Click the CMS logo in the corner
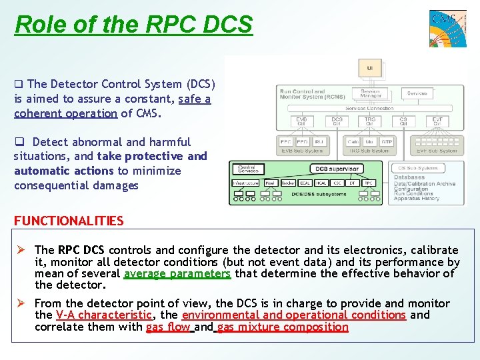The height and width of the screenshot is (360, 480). point(447,28)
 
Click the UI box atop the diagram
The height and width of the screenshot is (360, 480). point(369,67)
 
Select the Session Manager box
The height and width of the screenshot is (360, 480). point(370,94)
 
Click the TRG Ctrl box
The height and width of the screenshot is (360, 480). point(370,121)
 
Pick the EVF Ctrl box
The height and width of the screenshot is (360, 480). point(437,121)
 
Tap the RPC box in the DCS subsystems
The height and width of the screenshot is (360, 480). point(369,183)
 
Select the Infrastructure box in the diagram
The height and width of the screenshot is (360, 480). point(245,183)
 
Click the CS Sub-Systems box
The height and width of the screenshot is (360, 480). point(419,168)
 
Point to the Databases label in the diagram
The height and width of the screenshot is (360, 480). point(409,177)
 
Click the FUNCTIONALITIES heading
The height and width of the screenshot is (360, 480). point(69,221)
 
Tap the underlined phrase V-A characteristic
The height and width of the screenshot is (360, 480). point(104,315)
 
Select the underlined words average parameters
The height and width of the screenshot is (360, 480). point(177,273)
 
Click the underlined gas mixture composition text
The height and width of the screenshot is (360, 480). point(283,327)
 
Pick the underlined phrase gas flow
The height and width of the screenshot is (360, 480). point(168,327)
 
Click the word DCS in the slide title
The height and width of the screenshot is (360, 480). point(225,25)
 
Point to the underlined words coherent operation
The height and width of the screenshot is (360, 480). point(65,113)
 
